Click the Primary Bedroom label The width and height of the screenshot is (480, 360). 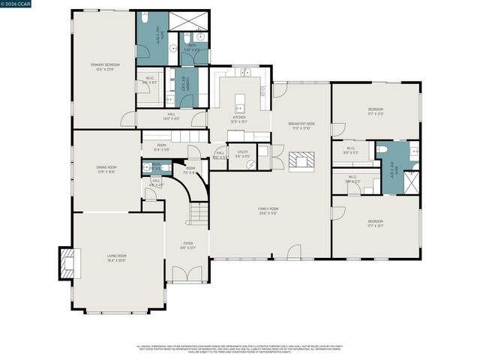tap(106, 67)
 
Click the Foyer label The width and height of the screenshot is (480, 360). tap(187, 245)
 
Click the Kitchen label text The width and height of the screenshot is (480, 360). tap(239, 118)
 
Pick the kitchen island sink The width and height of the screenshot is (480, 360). tap(240, 104)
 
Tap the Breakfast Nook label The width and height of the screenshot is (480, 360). tap(301, 125)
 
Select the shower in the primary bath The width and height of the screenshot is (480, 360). tap(186, 21)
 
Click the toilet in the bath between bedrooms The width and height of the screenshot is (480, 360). tap(382, 149)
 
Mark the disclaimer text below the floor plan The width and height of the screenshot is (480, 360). tap(239, 349)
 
